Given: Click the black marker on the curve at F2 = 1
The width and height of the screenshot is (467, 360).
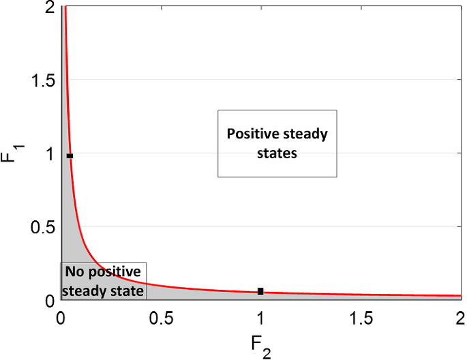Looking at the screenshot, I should click(260, 291).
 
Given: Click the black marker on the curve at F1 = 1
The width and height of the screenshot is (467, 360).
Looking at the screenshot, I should click(70, 156).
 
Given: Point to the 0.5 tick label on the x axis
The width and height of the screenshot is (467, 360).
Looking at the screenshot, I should click(160, 318).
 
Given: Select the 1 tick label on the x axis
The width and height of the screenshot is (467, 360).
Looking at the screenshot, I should click(260, 318).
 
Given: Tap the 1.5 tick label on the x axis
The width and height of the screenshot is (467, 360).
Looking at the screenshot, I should click(360, 318).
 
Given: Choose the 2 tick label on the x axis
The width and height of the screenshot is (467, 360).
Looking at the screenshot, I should click(460, 318).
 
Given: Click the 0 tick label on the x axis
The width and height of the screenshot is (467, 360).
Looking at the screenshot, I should click(61, 318).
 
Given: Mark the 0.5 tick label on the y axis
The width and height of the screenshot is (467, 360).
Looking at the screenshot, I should click(42, 227).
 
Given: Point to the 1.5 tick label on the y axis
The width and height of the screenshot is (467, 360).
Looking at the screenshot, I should click(42, 80).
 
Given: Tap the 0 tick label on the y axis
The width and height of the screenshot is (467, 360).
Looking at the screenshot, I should click(49, 301).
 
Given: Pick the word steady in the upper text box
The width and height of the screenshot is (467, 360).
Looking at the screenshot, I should click(306, 134).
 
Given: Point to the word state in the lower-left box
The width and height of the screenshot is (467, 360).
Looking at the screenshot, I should click(127, 290).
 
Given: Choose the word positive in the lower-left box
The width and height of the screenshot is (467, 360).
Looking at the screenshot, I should click(113, 272).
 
